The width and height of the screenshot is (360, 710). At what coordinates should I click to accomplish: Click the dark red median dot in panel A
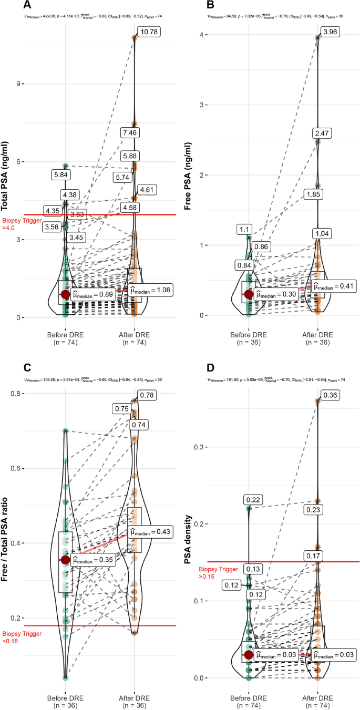pos(65,294)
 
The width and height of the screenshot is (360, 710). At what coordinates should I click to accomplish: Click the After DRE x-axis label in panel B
pos(318,335)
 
